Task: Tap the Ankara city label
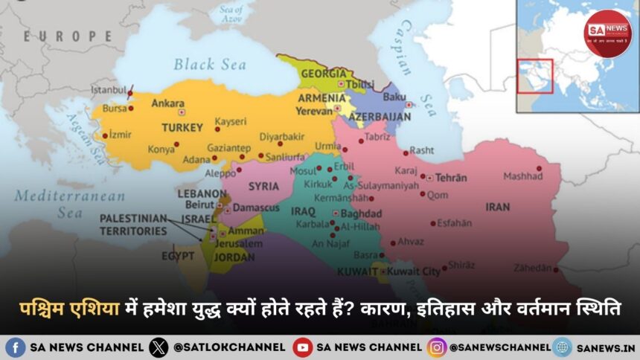(168, 104)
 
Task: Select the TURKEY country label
(182, 127)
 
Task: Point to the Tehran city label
(451, 178)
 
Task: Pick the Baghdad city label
(361, 213)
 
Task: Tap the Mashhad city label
(522, 176)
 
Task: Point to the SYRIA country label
(263, 185)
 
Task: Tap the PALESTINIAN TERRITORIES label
(134, 224)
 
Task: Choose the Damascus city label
(255, 208)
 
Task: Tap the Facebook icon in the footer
(16, 347)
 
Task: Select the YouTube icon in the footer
(303, 347)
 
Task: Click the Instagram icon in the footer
(436, 347)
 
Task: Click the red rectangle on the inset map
(535, 76)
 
